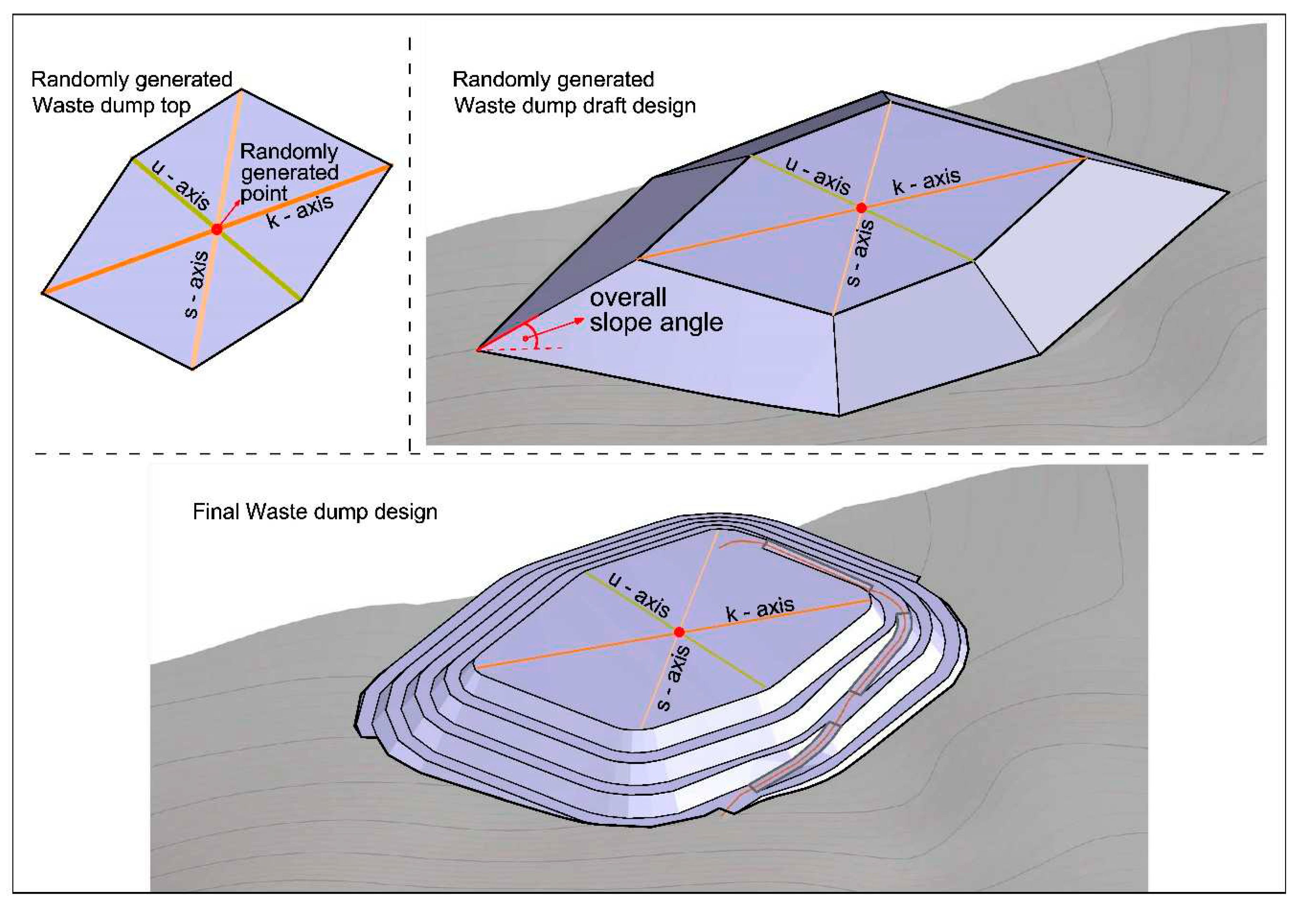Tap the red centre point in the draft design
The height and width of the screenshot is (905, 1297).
coord(861,208)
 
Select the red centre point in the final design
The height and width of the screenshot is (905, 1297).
coord(679,632)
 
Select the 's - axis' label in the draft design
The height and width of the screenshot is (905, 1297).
coord(861,253)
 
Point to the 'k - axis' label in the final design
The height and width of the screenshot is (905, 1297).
coord(760,609)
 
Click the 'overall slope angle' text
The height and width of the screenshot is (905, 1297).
coord(655,310)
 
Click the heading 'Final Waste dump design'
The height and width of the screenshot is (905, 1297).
coord(315,512)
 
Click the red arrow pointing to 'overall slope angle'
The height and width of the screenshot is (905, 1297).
coord(559,328)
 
